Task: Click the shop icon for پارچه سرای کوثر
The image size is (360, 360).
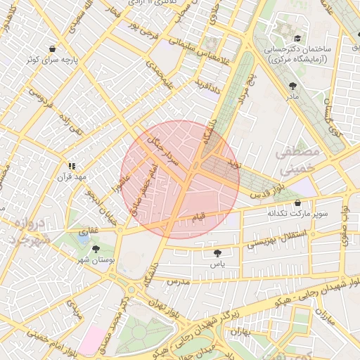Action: [x=53, y=49]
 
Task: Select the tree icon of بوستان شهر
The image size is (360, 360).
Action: [x=96, y=249]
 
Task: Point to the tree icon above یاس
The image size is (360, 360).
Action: [x=217, y=253]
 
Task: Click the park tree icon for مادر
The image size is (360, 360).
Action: [x=292, y=85]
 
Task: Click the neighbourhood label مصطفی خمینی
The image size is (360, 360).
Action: [x=297, y=160]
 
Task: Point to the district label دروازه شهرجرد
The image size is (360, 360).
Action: [x=28, y=232]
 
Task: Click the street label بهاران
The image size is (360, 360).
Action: [x=240, y=331]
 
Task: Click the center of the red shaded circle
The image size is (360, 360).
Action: [x=180, y=179]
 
